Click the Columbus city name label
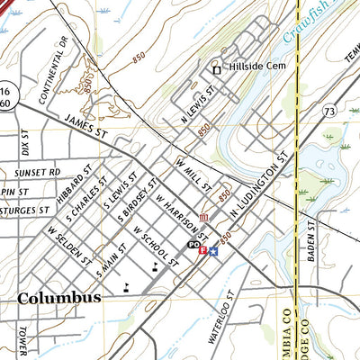point(59,298)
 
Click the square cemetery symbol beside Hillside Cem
point(216,69)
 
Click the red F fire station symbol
point(202,249)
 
